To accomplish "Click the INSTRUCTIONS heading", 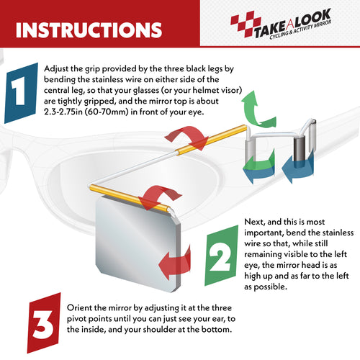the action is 89,30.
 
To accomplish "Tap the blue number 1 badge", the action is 22,93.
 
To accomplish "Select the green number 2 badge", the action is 221,256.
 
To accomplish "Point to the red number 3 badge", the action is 44,323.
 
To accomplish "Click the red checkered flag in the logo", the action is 246,24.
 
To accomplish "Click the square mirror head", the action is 138,243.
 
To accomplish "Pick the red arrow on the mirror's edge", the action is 174,262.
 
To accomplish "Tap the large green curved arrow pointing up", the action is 257,110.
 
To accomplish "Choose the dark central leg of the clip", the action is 300,149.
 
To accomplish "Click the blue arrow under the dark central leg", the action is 297,168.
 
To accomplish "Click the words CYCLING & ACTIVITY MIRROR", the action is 300,30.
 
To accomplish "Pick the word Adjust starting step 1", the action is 55,69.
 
